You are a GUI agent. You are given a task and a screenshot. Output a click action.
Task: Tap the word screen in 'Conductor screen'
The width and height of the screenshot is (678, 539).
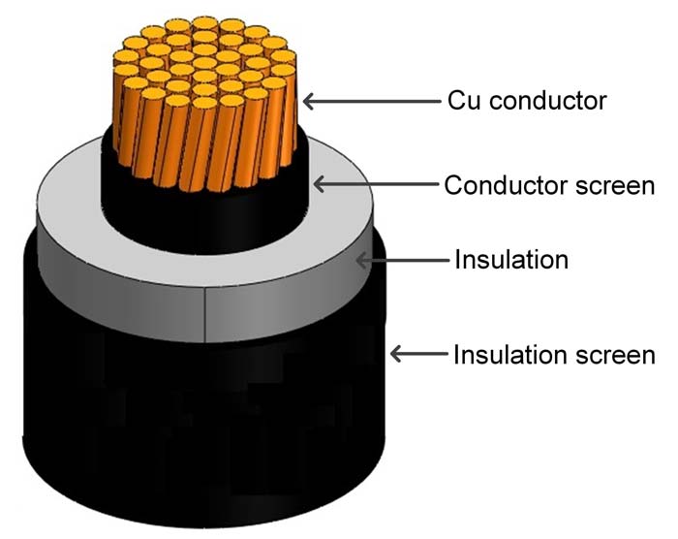click(609, 184)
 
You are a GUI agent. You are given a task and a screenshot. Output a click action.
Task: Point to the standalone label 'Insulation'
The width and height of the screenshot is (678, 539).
click(510, 260)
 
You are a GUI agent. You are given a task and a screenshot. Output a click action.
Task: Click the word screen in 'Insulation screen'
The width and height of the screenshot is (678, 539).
click(612, 355)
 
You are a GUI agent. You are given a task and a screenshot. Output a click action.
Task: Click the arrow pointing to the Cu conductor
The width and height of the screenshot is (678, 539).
click(368, 99)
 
